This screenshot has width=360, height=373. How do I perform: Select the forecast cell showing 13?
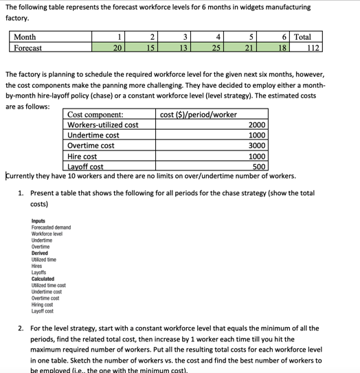click(181, 48)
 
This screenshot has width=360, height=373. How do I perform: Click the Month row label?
click(25, 37)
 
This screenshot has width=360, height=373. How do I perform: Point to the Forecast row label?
click(28, 48)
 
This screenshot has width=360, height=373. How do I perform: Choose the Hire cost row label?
click(86, 156)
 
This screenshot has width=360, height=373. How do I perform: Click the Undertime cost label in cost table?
click(93, 135)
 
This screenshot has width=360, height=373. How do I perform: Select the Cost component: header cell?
click(95, 114)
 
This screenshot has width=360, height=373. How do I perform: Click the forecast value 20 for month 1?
click(117, 48)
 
